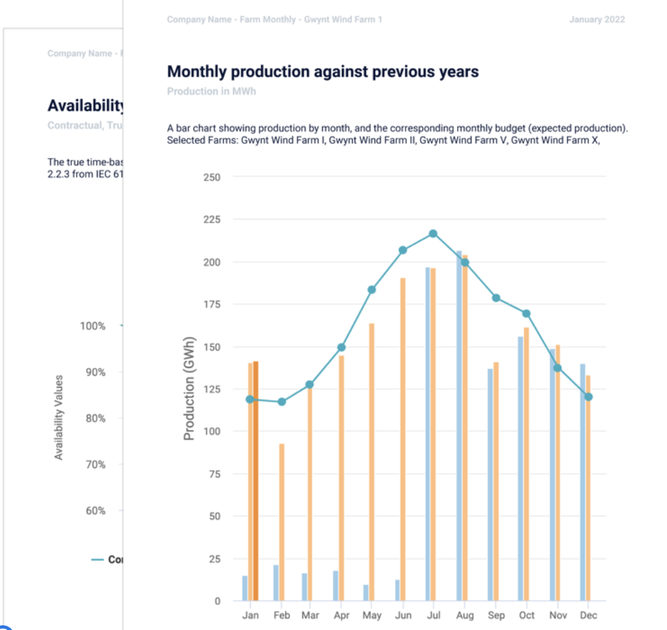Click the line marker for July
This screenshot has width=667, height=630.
[433, 234]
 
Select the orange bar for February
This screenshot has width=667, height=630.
[281, 522]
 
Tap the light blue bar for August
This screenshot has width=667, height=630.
[459, 426]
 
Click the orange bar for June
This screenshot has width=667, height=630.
[402, 439]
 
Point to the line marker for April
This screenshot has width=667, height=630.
[341, 347]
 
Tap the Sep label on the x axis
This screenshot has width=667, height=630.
[496, 615]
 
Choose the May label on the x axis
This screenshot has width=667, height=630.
[372, 615]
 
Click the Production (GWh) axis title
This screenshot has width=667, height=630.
[190, 389]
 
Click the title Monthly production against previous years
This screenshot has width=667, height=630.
[323, 71]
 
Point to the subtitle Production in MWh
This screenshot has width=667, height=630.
[211, 91]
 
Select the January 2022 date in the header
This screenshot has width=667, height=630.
[596, 20]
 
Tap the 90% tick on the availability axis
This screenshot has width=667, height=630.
[92, 372]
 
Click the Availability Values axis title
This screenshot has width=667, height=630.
[59, 417]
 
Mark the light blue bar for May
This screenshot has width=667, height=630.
[366, 592]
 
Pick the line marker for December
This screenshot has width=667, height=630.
[588, 397]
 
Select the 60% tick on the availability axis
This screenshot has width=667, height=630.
[92, 511]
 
